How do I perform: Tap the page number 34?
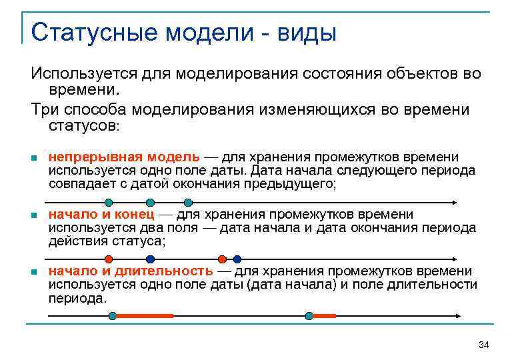click(x=484, y=345)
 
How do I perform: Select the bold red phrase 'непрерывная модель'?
click(x=124, y=157)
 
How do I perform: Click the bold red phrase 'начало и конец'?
click(x=101, y=214)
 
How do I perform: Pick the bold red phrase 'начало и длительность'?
click(x=131, y=271)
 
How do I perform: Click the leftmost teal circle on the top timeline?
click(x=109, y=202)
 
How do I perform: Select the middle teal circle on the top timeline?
click(x=151, y=202)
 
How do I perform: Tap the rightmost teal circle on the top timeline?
click(x=189, y=202)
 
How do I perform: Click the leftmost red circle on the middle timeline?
click(x=109, y=259)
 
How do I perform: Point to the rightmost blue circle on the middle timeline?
click(x=237, y=259)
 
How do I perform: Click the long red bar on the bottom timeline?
click(x=145, y=315)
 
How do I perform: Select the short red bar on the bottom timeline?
click(x=324, y=315)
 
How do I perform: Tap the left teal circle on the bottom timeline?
click(x=113, y=315)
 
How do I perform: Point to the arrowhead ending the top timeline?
click(x=455, y=202)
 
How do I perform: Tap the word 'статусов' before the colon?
click(x=82, y=125)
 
